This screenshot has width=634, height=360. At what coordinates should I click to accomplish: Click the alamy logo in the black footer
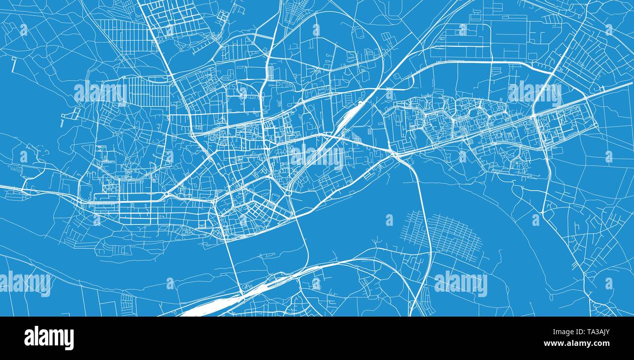pos(49,338)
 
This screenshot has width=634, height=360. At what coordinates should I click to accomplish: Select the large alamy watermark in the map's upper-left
pos(101,93)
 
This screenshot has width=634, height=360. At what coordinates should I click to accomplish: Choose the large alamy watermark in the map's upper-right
pos(535,93)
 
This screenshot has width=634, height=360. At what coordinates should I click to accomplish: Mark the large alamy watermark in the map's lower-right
pos(460,283)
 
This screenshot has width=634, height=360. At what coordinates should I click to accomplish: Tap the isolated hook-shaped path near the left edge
pos(14,64)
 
